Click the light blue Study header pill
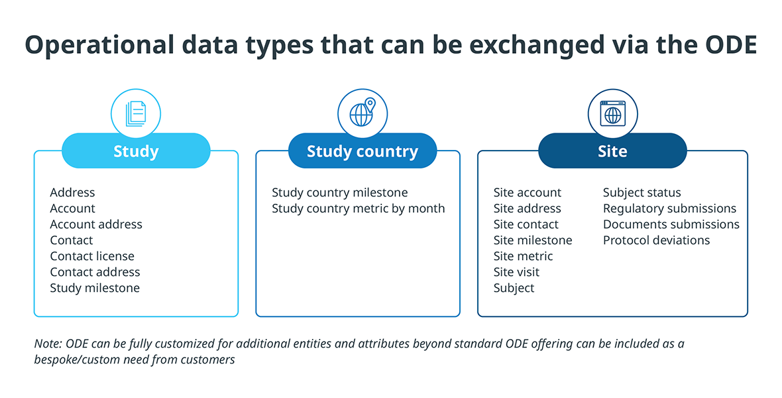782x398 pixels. point(136,151)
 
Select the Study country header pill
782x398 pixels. point(363,151)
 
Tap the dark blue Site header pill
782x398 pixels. point(612,151)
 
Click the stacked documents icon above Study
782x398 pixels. point(136,114)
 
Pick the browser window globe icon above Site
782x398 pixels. point(612,113)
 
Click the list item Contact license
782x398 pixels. point(92,256)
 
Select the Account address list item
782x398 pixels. point(96,224)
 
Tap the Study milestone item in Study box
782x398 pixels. point(95,288)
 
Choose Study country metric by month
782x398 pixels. point(358,209)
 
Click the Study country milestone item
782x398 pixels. point(339,193)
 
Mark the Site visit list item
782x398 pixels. point(517,272)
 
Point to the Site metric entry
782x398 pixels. point(523,256)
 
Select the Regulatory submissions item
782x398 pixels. point(670,209)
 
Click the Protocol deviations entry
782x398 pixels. point(656,240)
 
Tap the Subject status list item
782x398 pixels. point(642,193)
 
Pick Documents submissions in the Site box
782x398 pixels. point(671,224)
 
